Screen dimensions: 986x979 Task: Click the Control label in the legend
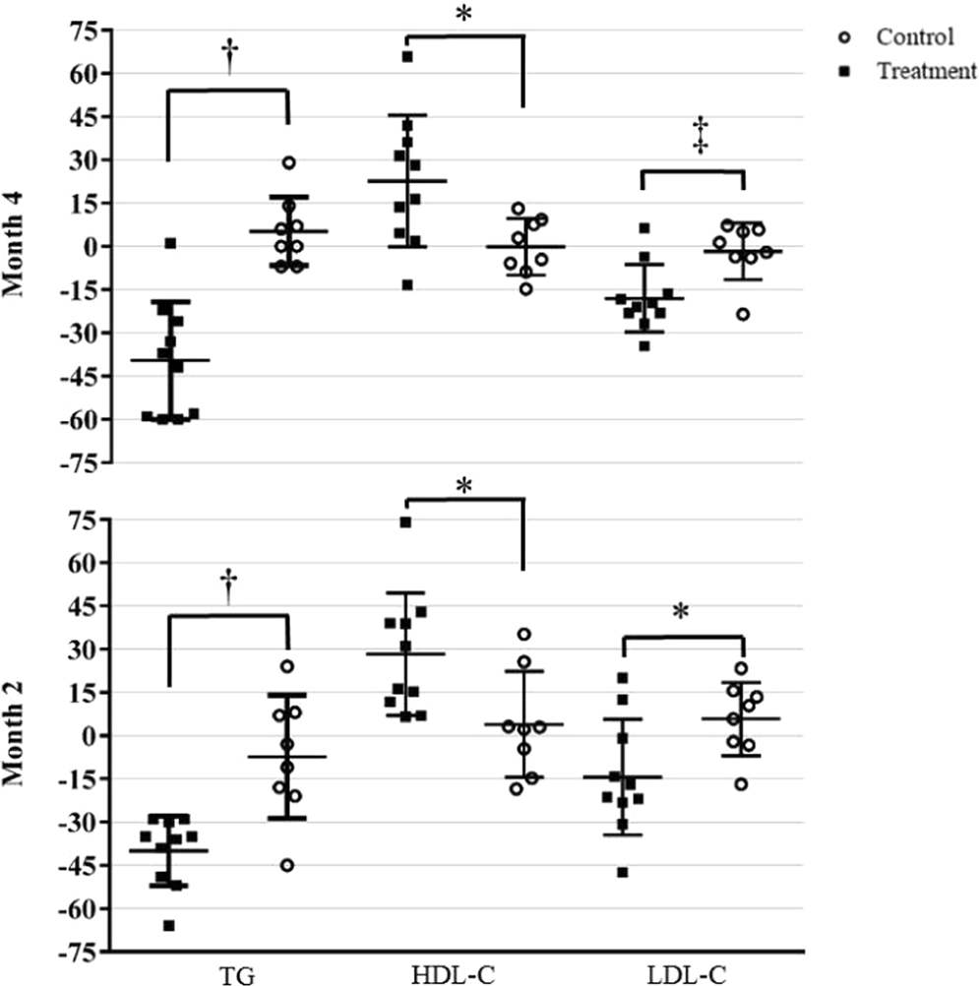click(x=915, y=37)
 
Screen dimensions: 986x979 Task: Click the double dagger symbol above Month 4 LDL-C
click(x=701, y=135)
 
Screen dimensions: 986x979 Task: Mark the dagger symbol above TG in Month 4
click(x=228, y=56)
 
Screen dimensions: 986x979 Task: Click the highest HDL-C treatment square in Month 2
click(x=405, y=523)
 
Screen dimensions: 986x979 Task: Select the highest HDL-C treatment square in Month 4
click(x=406, y=57)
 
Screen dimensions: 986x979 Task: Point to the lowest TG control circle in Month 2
click(x=287, y=865)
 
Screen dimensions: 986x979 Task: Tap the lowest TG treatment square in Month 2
click(x=169, y=926)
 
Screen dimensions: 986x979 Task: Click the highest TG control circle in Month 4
click(x=288, y=162)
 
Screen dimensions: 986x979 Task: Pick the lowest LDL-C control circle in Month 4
click(x=742, y=314)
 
